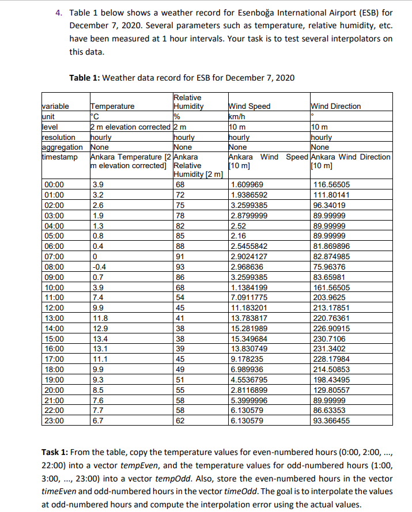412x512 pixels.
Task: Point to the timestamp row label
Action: pyautogui.click(x=59, y=157)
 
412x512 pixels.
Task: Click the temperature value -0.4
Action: pyautogui.click(x=100, y=267)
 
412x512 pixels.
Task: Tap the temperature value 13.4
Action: pyautogui.click(x=100, y=340)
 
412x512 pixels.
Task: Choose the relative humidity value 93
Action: pyautogui.click(x=180, y=267)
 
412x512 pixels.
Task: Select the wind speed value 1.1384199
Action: pyautogui.click(x=248, y=288)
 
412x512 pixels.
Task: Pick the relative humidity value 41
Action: pyautogui.click(x=180, y=319)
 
